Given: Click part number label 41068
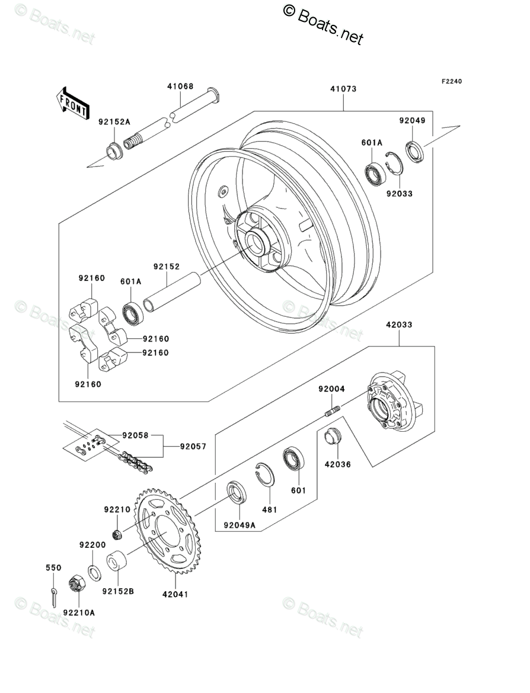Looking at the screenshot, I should pyautogui.click(x=180, y=86).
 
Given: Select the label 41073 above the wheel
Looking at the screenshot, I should pyautogui.click(x=343, y=89).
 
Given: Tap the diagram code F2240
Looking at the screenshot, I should pyautogui.click(x=450, y=81).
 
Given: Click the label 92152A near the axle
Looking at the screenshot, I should pyautogui.click(x=114, y=122).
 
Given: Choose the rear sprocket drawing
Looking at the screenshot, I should pyautogui.click(x=170, y=532).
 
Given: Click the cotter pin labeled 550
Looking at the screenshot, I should pyautogui.click(x=54, y=595).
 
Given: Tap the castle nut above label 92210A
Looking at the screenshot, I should pyautogui.click(x=78, y=586).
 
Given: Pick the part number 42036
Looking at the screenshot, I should pyautogui.click(x=337, y=464).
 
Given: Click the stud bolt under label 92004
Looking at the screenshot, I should pyautogui.click(x=333, y=410).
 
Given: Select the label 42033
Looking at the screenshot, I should pyautogui.click(x=399, y=325).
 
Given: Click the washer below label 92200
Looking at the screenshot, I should pyautogui.click(x=94, y=572).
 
